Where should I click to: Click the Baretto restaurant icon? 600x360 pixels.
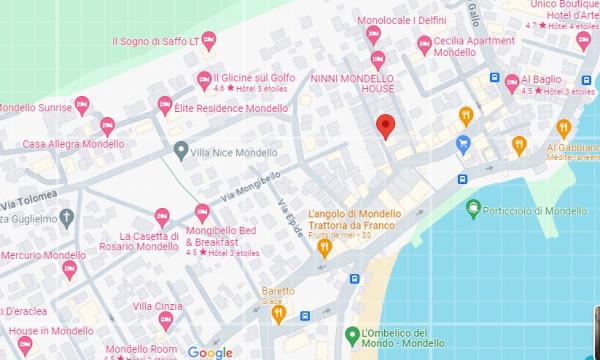279,314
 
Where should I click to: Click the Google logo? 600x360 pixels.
209,352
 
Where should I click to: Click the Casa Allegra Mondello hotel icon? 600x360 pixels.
108,125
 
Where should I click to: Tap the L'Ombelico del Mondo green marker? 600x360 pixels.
352,335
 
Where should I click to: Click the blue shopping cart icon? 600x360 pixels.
463,144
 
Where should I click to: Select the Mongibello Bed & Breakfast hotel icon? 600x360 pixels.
202,212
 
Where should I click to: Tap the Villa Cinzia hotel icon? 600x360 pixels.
166,320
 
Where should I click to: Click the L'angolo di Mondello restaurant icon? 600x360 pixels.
323,247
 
